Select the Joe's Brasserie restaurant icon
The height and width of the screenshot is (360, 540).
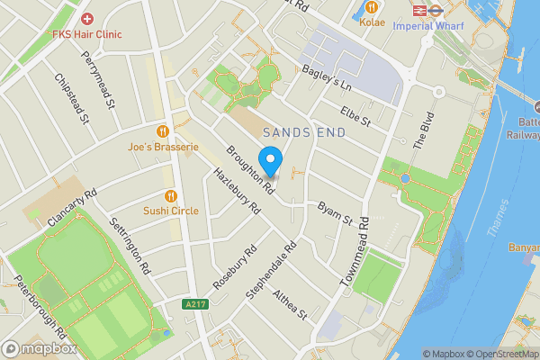(x=163, y=130)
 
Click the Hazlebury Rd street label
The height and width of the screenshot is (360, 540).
(x=236, y=190)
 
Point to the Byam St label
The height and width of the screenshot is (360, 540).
(x=334, y=213)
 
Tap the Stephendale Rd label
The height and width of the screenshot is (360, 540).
(x=271, y=271)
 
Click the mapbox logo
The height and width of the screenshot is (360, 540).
(x=39, y=347)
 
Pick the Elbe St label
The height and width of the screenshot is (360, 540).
(x=355, y=117)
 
